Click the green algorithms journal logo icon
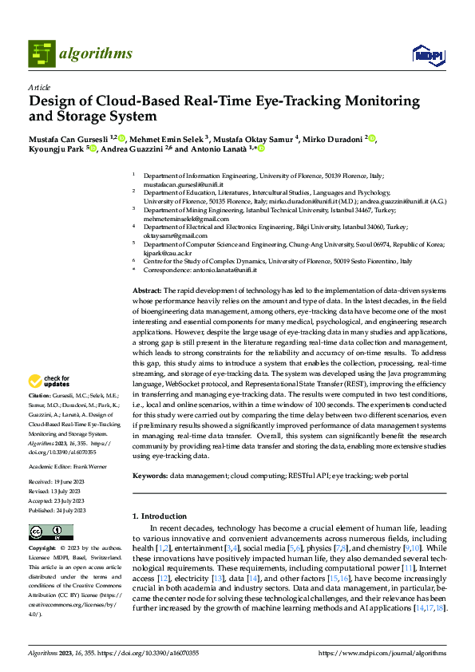42,54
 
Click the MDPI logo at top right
427,54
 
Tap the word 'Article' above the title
39,87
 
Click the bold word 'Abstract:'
147,292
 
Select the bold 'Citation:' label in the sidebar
40,395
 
